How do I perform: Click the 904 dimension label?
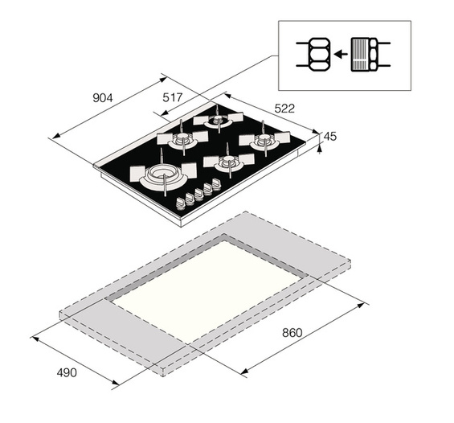tap(103, 98)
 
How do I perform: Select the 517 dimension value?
tap(173, 97)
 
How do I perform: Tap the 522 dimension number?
tap(284, 109)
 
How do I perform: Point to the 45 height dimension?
tap(330, 136)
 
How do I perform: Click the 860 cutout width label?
tap(292, 333)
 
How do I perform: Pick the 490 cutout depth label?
tap(67, 372)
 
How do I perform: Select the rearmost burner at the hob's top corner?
tap(218, 119)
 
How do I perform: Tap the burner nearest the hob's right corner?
tap(264, 140)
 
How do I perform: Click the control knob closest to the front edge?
tap(180, 203)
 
